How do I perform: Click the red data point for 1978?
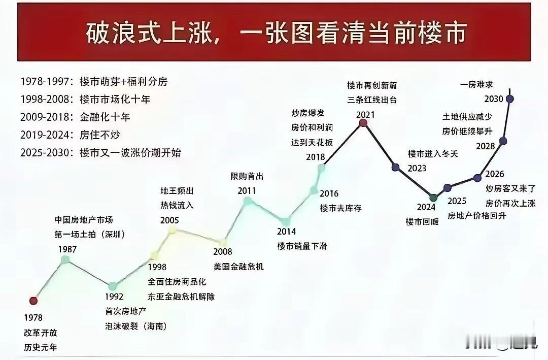[x=33, y=301]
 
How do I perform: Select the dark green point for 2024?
[x=432, y=198]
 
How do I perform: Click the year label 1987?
[x=67, y=249]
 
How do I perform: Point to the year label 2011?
[x=247, y=191]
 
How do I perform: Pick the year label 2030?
[x=493, y=99]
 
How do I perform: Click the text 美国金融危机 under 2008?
[x=238, y=266]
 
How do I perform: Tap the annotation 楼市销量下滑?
[x=302, y=246]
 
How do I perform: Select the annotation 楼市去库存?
[x=340, y=208]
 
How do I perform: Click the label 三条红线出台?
[x=372, y=100]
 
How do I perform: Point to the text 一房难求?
[x=476, y=84]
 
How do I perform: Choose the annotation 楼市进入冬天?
[x=433, y=153]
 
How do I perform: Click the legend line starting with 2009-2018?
[x=76, y=117]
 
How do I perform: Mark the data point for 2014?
[x=285, y=221]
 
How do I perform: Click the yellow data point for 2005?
[x=173, y=231]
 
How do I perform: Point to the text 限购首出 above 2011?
[x=247, y=176]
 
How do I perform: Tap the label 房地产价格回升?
[x=476, y=215]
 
